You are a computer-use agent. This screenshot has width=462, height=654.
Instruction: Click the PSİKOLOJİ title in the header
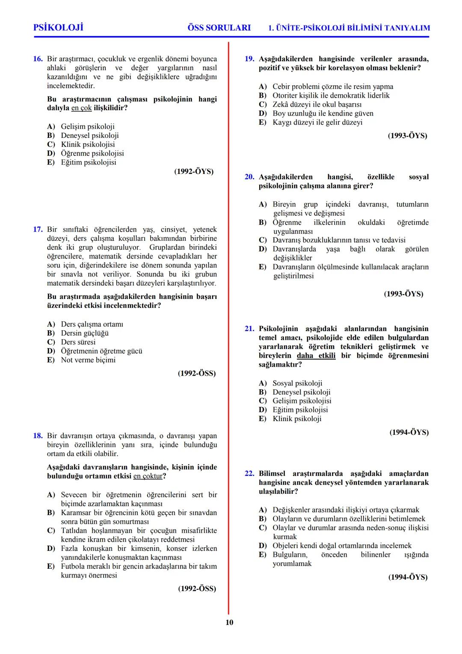point(58,27)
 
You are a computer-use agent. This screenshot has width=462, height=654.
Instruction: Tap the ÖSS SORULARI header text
point(219,28)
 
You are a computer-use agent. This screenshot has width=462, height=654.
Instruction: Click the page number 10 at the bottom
point(229,622)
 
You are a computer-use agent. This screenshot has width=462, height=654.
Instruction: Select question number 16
point(38,59)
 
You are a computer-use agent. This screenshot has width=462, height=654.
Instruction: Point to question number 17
point(38,230)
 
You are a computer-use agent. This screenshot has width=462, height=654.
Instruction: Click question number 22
point(249,473)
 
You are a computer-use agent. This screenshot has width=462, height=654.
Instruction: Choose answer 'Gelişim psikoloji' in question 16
point(88,126)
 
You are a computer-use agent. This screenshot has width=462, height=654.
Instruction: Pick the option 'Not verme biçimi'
point(88,360)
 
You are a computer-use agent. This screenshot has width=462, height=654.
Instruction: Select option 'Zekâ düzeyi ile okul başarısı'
point(317,105)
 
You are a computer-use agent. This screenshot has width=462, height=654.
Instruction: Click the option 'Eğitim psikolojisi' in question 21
point(300,410)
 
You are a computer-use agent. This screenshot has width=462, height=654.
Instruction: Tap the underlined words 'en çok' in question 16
point(81,108)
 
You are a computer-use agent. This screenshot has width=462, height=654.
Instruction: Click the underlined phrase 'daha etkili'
point(316,356)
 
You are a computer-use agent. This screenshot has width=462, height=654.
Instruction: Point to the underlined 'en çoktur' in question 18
point(148,476)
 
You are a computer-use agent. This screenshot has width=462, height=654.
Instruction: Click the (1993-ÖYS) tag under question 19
point(407,136)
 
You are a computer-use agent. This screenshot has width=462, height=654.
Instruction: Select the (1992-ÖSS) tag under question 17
point(197,373)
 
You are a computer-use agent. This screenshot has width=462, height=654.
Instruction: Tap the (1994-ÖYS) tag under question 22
point(408,577)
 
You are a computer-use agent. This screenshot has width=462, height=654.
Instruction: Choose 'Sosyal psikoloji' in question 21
point(297,383)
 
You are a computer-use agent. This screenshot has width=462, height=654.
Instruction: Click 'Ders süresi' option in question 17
point(78,342)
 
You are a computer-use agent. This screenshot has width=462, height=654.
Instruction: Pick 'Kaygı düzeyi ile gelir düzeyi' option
point(317,122)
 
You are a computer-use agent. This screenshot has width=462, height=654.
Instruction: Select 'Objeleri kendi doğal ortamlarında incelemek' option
point(342,546)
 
